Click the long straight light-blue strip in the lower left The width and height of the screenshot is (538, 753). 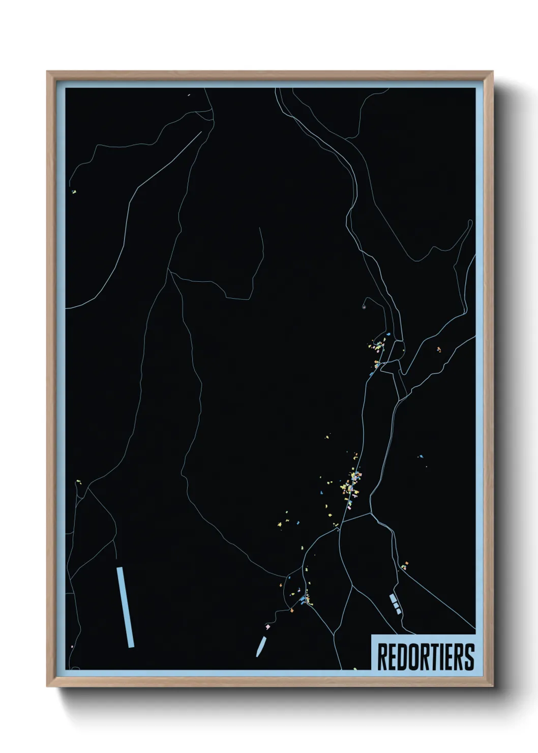pyautogui.click(x=125, y=607)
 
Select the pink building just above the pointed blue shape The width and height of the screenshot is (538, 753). pyautogui.click(x=267, y=627)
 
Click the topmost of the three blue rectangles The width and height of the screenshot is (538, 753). pyautogui.click(x=392, y=598)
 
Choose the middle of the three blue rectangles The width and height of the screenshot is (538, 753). pyautogui.click(x=395, y=604)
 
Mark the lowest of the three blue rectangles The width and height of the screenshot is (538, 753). pyautogui.click(x=398, y=611)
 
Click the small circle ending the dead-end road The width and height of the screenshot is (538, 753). pyautogui.click(x=364, y=307)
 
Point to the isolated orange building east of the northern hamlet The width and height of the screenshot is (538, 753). pyautogui.click(x=438, y=349)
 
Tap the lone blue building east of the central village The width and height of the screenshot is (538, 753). pyautogui.click(x=421, y=456)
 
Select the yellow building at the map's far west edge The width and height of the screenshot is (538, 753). pyautogui.click(x=74, y=192)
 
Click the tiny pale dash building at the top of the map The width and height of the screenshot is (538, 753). pyautogui.click(x=189, y=95)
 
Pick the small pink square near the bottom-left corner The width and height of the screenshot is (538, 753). pyautogui.click(x=72, y=647)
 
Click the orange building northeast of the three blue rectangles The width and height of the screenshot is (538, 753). pyautogui.click(x=405, y=564)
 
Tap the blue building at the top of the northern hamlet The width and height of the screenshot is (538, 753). pyautogui.click(x=388, y=334)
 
